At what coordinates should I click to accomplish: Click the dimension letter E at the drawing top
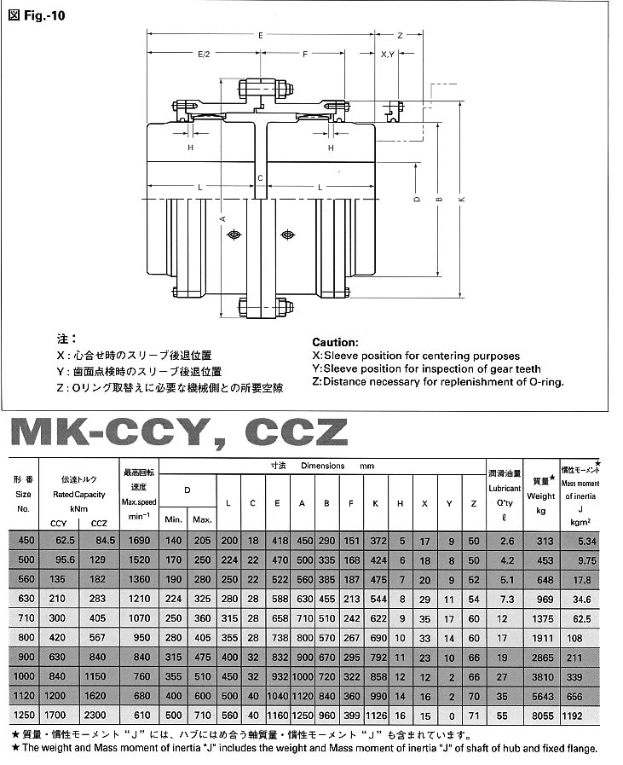point(260,36)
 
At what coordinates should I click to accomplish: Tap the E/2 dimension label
point(204,54)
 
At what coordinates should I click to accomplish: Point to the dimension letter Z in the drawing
point(400,36)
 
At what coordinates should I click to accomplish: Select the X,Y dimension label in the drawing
point(388,54)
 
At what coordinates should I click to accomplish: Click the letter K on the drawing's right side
point(460,200)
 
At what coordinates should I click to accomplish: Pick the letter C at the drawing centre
point(260,177)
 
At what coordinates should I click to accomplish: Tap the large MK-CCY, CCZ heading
point(179,434)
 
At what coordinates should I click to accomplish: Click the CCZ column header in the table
point(99,523)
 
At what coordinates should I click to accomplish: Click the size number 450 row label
point(24,542)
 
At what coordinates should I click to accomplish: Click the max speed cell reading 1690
point(138,542)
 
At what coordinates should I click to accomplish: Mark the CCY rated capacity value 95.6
point(59,559)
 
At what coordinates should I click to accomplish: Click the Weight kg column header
point(540,496)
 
